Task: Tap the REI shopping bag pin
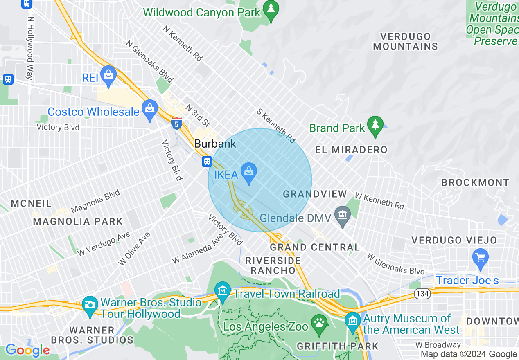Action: click(x=108, y=75)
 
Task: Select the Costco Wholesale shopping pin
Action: click(x=150, y=109)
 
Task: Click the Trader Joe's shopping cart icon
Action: click(x=480, y=258)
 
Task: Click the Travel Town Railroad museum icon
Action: click(x=223, y=291)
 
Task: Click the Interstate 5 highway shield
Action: click(x=176, y=123)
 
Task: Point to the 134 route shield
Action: click(x=422, y=293)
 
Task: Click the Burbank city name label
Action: click(x=215, y=144)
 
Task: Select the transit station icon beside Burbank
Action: click(x=207, y=162)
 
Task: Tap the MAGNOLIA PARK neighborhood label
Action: click(x=78, y=222)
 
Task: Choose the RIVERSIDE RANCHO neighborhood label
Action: click(x=273, y=265)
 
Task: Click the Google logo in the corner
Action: click(x=27, y=350)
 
